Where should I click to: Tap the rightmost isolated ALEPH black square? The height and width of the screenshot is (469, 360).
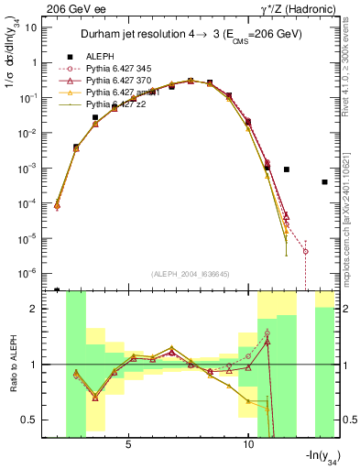[325, 182]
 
